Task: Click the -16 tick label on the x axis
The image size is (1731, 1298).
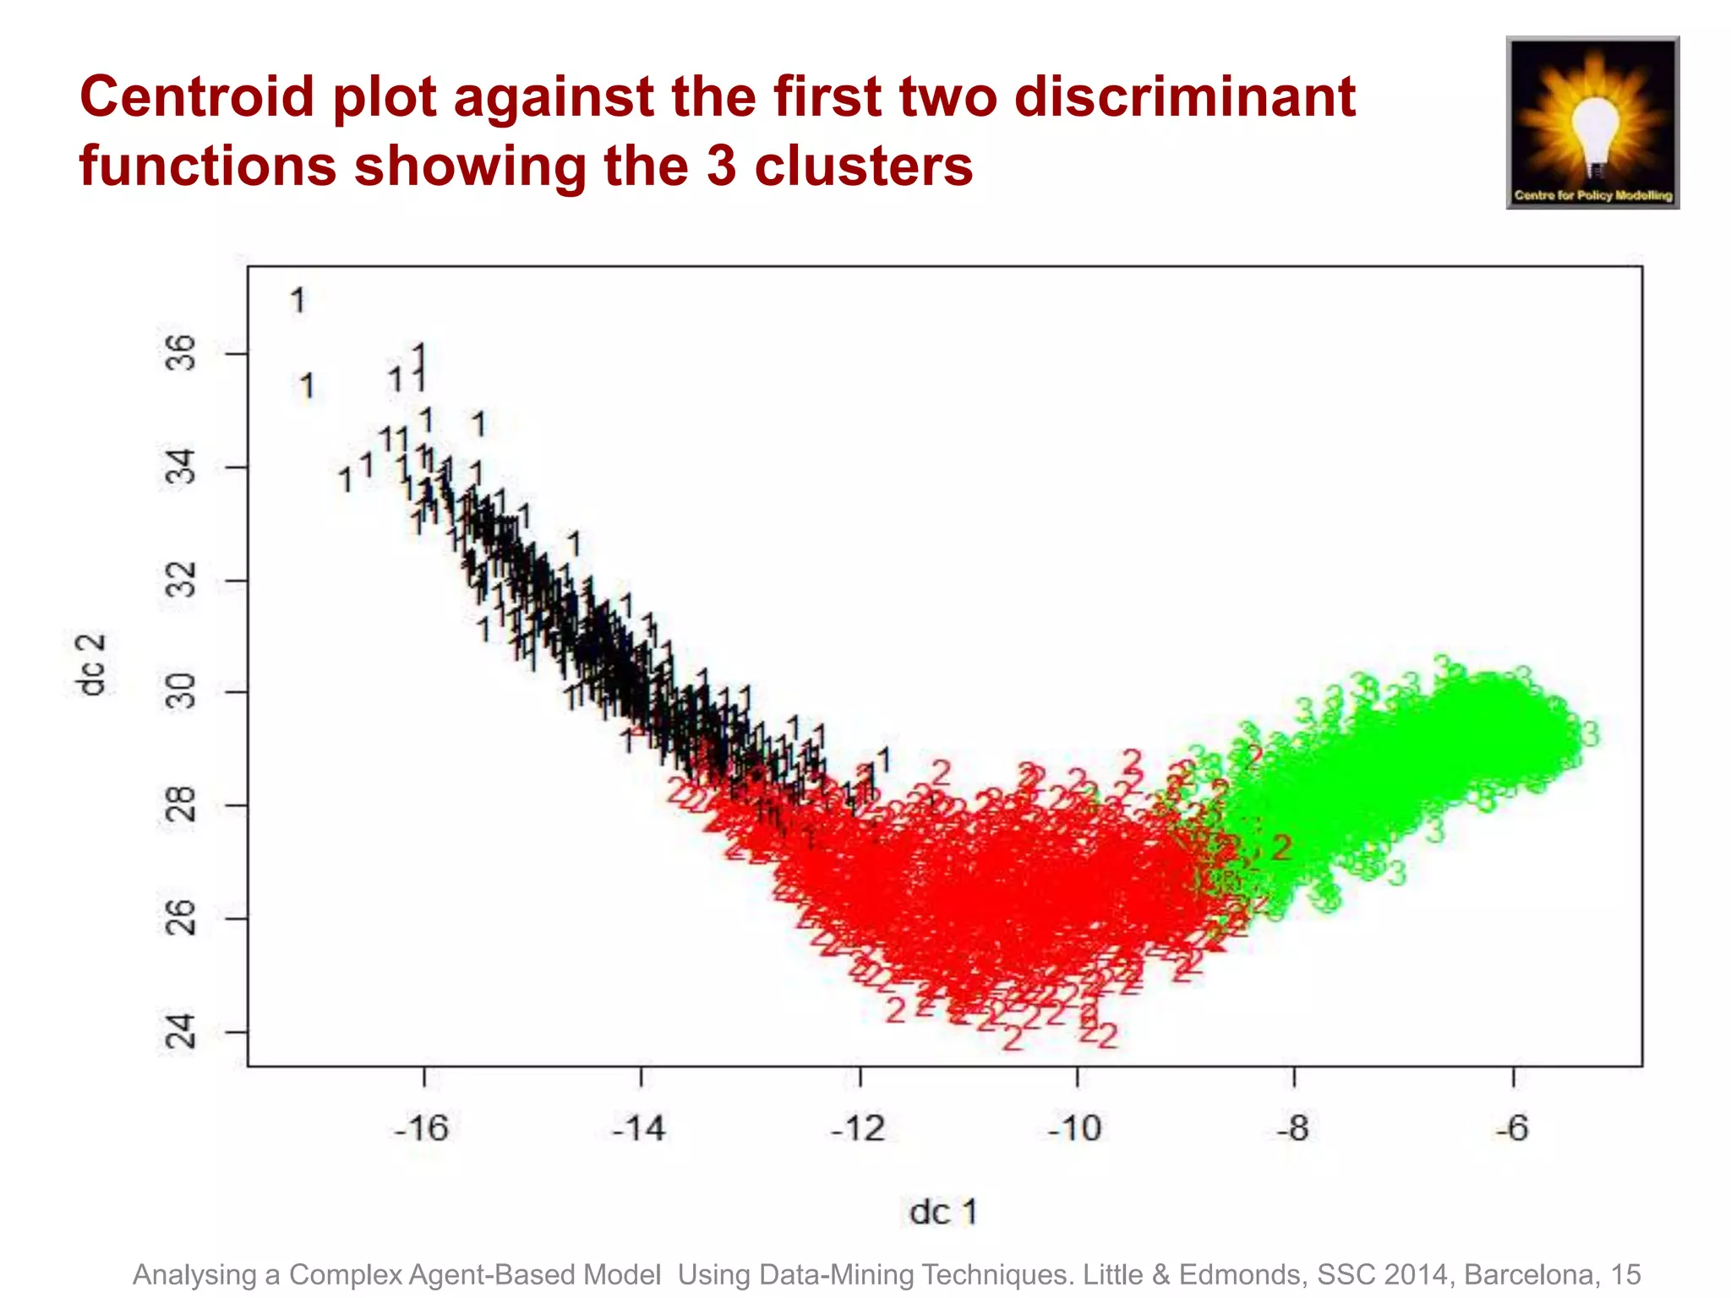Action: click(421, 1128)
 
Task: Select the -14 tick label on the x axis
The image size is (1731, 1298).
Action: click(639, 1128)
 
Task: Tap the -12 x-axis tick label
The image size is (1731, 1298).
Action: click(858, 1128)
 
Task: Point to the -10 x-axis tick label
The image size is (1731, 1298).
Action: click(1075, 1128)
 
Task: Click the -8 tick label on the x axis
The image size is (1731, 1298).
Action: click(1293, 1128)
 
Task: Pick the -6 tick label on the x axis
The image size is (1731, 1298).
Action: click(1512, 1128)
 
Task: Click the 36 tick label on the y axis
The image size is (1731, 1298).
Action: click(180, 353)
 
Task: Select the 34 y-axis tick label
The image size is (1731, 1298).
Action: click(180, 467)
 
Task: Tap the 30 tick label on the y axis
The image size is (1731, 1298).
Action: click(180, 691)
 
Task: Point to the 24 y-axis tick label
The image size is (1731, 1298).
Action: click(180, 1032)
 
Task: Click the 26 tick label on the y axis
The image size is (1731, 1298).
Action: click(180, 918)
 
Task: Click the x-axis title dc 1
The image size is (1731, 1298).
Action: click(942, 1212)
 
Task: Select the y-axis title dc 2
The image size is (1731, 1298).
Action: click(91, 665)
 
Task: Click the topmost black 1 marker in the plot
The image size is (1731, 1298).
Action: click(298, 300)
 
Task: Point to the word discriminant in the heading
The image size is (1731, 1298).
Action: click(1185, 96)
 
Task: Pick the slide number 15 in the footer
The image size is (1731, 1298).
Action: click(1625, 1274)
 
